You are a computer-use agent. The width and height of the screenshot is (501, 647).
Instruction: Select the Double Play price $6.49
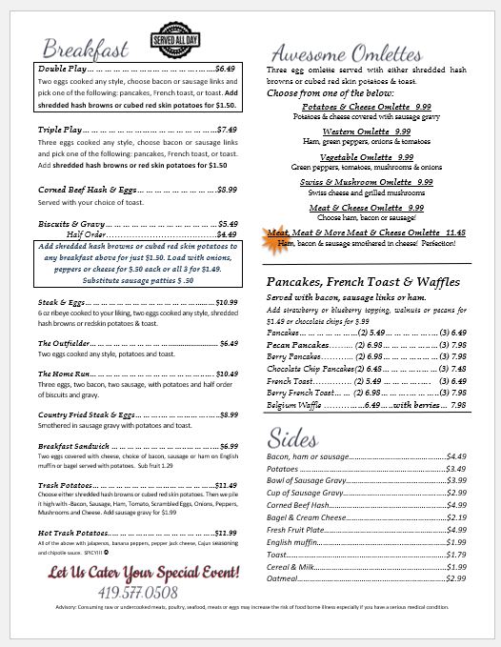click(x=225, y=70)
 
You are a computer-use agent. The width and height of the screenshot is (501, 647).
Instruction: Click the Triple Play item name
click(x=60, y=130)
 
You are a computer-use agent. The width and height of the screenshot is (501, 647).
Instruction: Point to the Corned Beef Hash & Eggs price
click(x=227, y=190)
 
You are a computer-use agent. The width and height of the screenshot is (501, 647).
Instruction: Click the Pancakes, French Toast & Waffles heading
click(x=362, y=283)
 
